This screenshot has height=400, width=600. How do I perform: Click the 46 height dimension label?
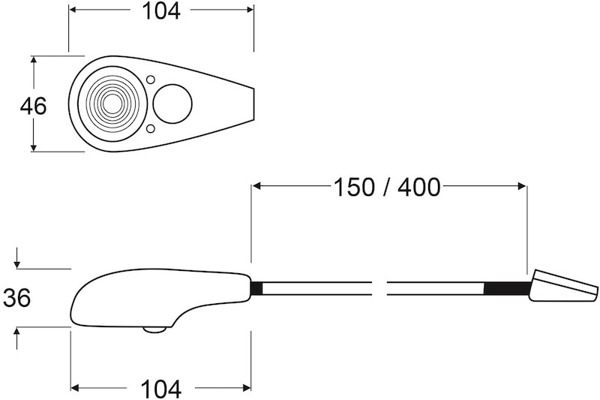point(33,106)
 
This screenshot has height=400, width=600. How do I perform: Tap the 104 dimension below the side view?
point(160,389)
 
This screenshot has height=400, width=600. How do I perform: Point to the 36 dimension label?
point(16,298)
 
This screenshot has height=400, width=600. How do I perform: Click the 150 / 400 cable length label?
point(387,186)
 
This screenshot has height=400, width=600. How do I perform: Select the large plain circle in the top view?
point(172,103)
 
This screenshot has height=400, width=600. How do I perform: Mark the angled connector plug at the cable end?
point(562,287)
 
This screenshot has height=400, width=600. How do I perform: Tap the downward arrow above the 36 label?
point(16,263)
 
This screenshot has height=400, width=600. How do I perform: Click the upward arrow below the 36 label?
point(16,332)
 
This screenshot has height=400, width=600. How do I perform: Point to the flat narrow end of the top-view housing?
point(253,103)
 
